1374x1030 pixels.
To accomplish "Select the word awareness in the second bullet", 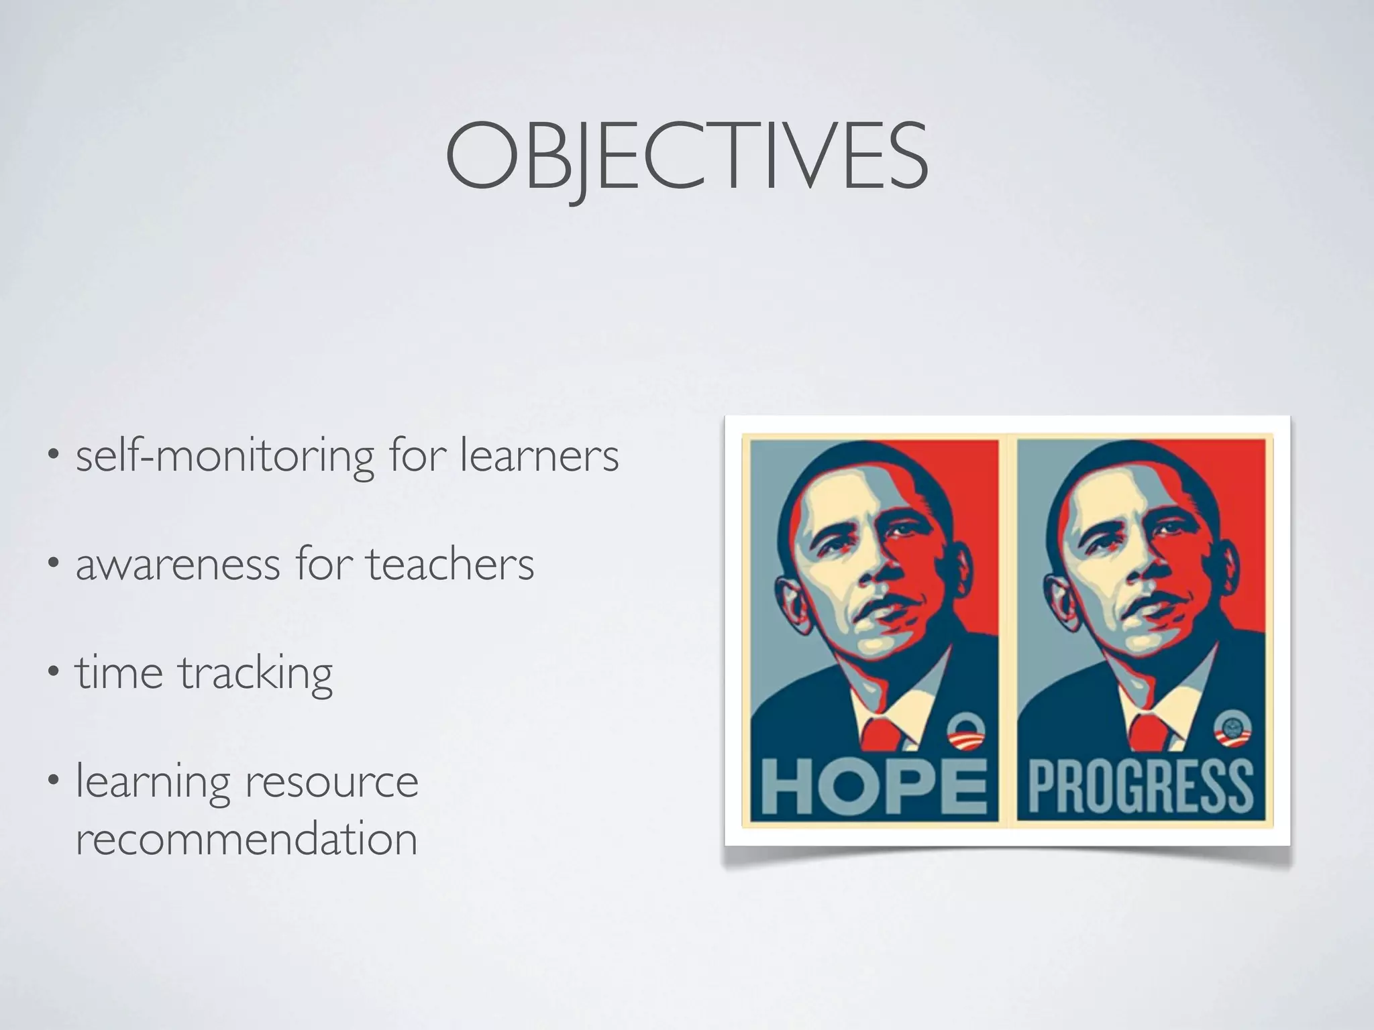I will (x=178, y=565).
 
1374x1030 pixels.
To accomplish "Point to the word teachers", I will (x=450, y=564).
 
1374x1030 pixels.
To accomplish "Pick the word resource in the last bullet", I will (x=331, y=782).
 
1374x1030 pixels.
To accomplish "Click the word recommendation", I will (x=247, y=839).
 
